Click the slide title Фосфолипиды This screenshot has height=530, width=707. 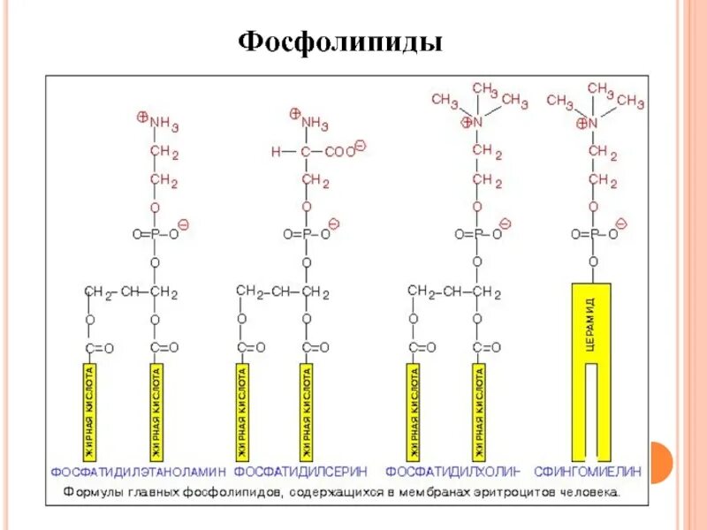click(340, 43)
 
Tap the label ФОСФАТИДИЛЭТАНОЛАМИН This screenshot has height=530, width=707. click(139, 471)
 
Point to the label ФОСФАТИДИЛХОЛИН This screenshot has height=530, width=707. click(452, 471)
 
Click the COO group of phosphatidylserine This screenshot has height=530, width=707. click(338, 152)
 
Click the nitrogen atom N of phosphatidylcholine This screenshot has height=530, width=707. click(477, 123)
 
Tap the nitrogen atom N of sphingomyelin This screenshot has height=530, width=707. click(594, 124)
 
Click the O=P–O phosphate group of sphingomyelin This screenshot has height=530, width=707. click(593, 234)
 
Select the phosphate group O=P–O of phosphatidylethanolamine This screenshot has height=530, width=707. click(155, 234)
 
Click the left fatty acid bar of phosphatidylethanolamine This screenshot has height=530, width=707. click(91, 406)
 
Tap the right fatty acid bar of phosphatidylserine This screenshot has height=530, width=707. click(305, 406)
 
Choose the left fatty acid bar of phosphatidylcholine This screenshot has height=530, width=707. click(413, 406)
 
